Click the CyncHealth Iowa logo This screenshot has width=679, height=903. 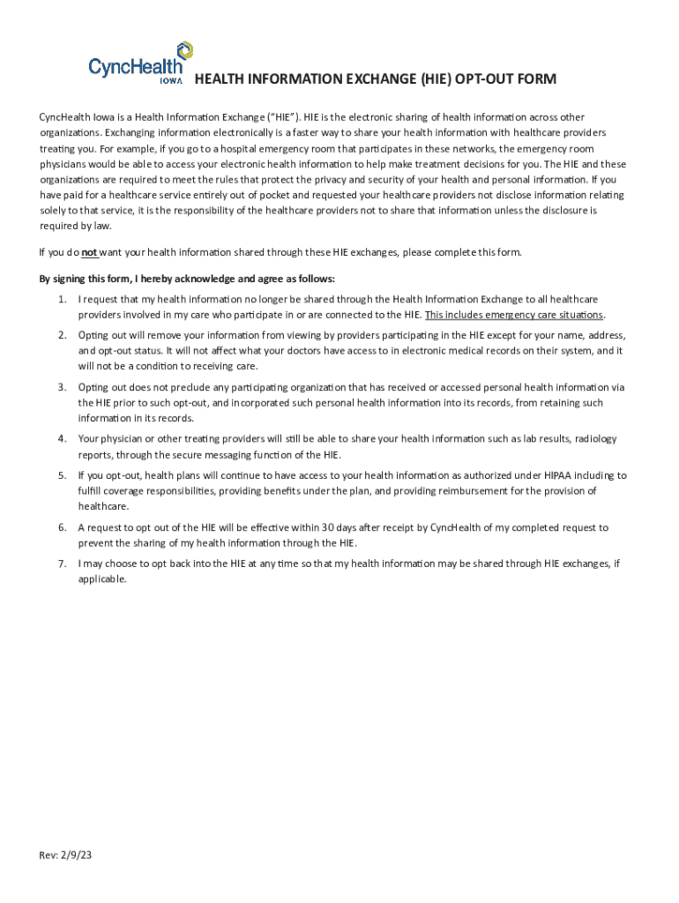[139, 63]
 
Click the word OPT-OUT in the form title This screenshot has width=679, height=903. [486, 80]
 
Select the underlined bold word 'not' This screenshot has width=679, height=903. [90, 252]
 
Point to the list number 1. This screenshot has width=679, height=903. [62, 301]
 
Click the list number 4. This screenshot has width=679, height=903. [62, 438]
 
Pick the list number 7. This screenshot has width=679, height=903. [62, 563]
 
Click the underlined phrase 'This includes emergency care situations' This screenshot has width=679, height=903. [514, 315]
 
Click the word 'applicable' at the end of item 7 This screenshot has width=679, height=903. [101, 579]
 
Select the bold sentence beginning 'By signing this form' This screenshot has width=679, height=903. [187, 279]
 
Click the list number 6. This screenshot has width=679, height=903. [62, 527]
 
